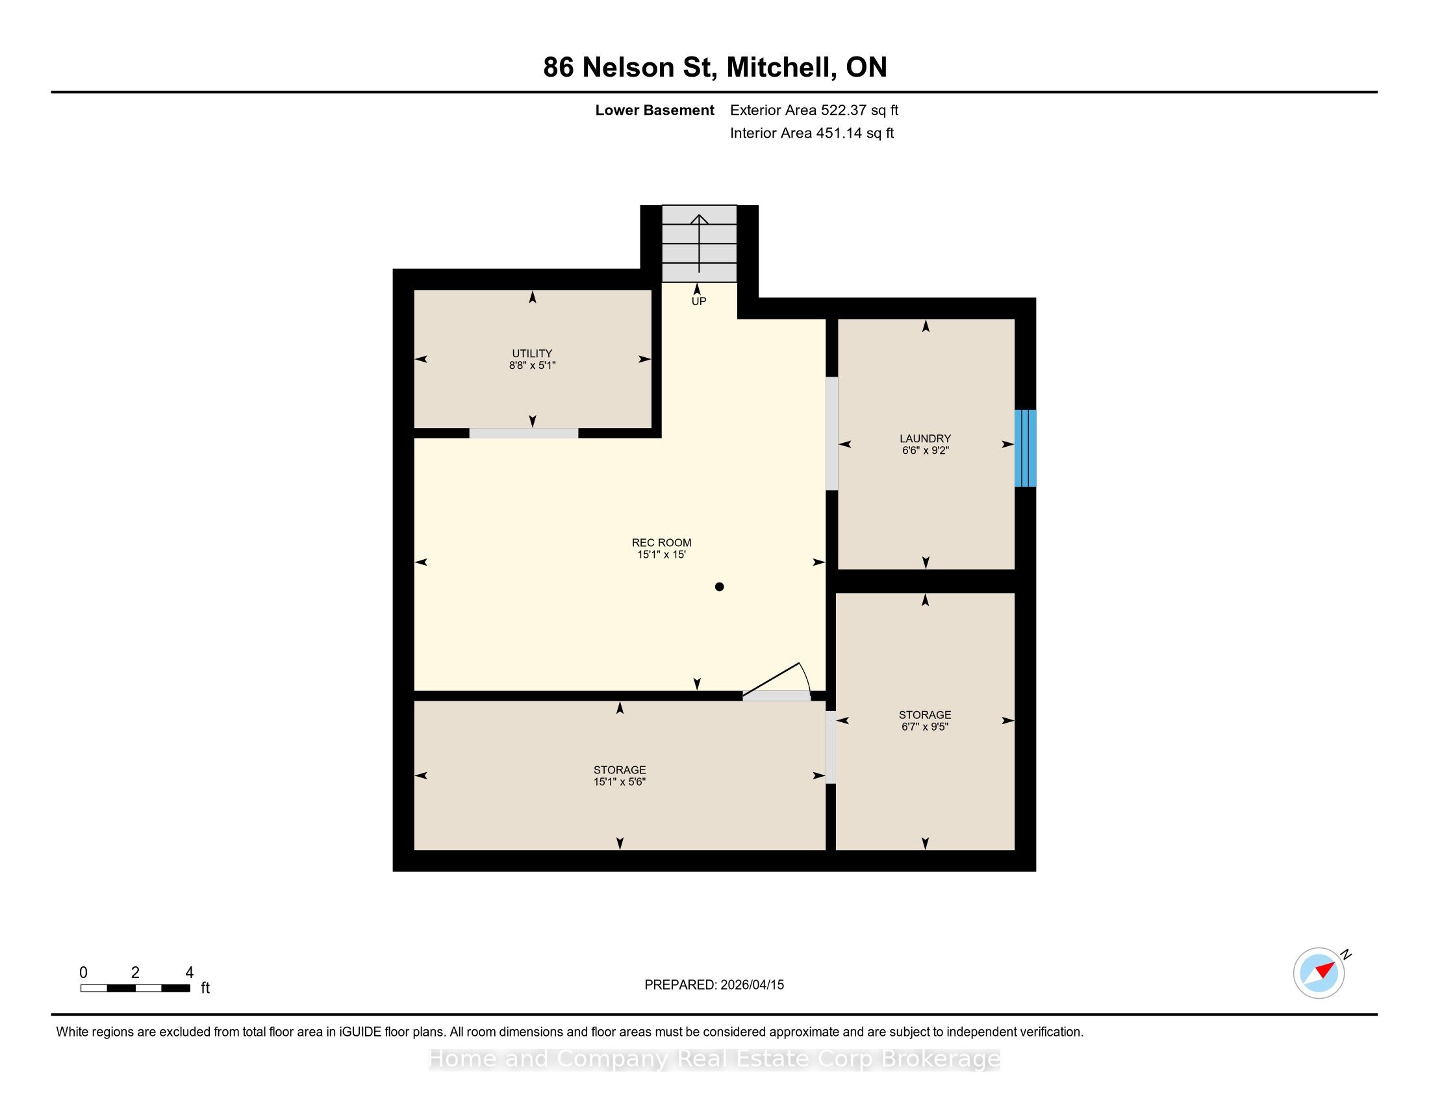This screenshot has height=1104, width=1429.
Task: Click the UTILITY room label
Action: point(532,353)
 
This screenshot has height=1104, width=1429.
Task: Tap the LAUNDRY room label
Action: point(924,438)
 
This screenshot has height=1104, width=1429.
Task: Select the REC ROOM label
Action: point(661,542)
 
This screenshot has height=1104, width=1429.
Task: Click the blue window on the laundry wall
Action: point(1025,448)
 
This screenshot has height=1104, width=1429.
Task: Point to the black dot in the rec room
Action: point(719,586)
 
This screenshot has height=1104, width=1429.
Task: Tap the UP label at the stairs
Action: point(699,301)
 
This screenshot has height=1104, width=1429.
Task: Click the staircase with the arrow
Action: point(700,244)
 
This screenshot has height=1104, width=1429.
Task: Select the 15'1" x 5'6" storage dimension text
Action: point(620,781)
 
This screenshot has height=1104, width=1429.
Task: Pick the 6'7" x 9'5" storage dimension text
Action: point(924,727)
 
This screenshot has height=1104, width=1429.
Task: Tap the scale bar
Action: point(136,988)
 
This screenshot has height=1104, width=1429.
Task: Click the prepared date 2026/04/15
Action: point(751,985)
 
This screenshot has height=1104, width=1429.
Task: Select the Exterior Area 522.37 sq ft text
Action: point(814,110)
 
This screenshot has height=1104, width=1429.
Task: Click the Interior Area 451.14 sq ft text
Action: point(811,133)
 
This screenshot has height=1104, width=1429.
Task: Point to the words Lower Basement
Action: point(654,110)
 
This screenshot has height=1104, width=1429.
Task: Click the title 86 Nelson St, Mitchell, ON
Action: point(714,68)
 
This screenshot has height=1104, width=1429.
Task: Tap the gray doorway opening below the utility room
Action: point(524,433)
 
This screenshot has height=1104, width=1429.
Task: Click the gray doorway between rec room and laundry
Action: point(831,433)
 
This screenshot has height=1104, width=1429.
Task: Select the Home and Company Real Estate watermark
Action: point(714,1059)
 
